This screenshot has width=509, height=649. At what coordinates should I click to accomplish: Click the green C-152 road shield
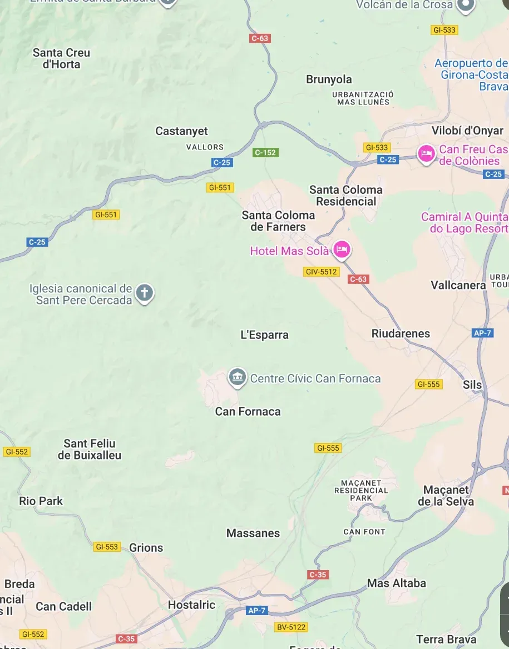265,152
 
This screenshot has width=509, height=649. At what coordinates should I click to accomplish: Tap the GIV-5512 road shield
322,272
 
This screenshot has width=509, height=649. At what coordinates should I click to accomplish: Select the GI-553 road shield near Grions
107,547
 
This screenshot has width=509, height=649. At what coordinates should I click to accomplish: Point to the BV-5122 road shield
291,627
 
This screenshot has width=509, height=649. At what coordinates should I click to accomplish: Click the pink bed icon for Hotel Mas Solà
342,251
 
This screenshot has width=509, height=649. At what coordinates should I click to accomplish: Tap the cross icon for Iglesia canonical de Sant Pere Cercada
145,293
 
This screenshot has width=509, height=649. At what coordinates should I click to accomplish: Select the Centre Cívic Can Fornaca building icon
238,378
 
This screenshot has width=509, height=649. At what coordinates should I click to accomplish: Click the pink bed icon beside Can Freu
427,154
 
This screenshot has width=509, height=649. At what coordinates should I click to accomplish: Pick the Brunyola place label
329,79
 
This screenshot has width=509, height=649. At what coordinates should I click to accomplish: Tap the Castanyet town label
181,131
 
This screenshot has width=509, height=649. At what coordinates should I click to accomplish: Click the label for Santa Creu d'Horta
61,58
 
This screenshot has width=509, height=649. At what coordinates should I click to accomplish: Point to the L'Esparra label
264,335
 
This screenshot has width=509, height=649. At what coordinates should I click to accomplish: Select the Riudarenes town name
401,333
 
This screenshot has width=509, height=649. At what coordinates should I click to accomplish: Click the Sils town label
472,385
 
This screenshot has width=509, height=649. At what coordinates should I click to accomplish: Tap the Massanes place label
253,533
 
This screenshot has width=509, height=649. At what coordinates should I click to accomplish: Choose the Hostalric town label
191,605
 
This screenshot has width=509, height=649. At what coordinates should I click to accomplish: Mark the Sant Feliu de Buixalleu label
90,449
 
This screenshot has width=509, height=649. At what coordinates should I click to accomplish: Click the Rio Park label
41,501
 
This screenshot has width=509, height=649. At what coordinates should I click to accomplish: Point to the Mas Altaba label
396,583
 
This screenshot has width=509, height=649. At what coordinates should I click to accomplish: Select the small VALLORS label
205,147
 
